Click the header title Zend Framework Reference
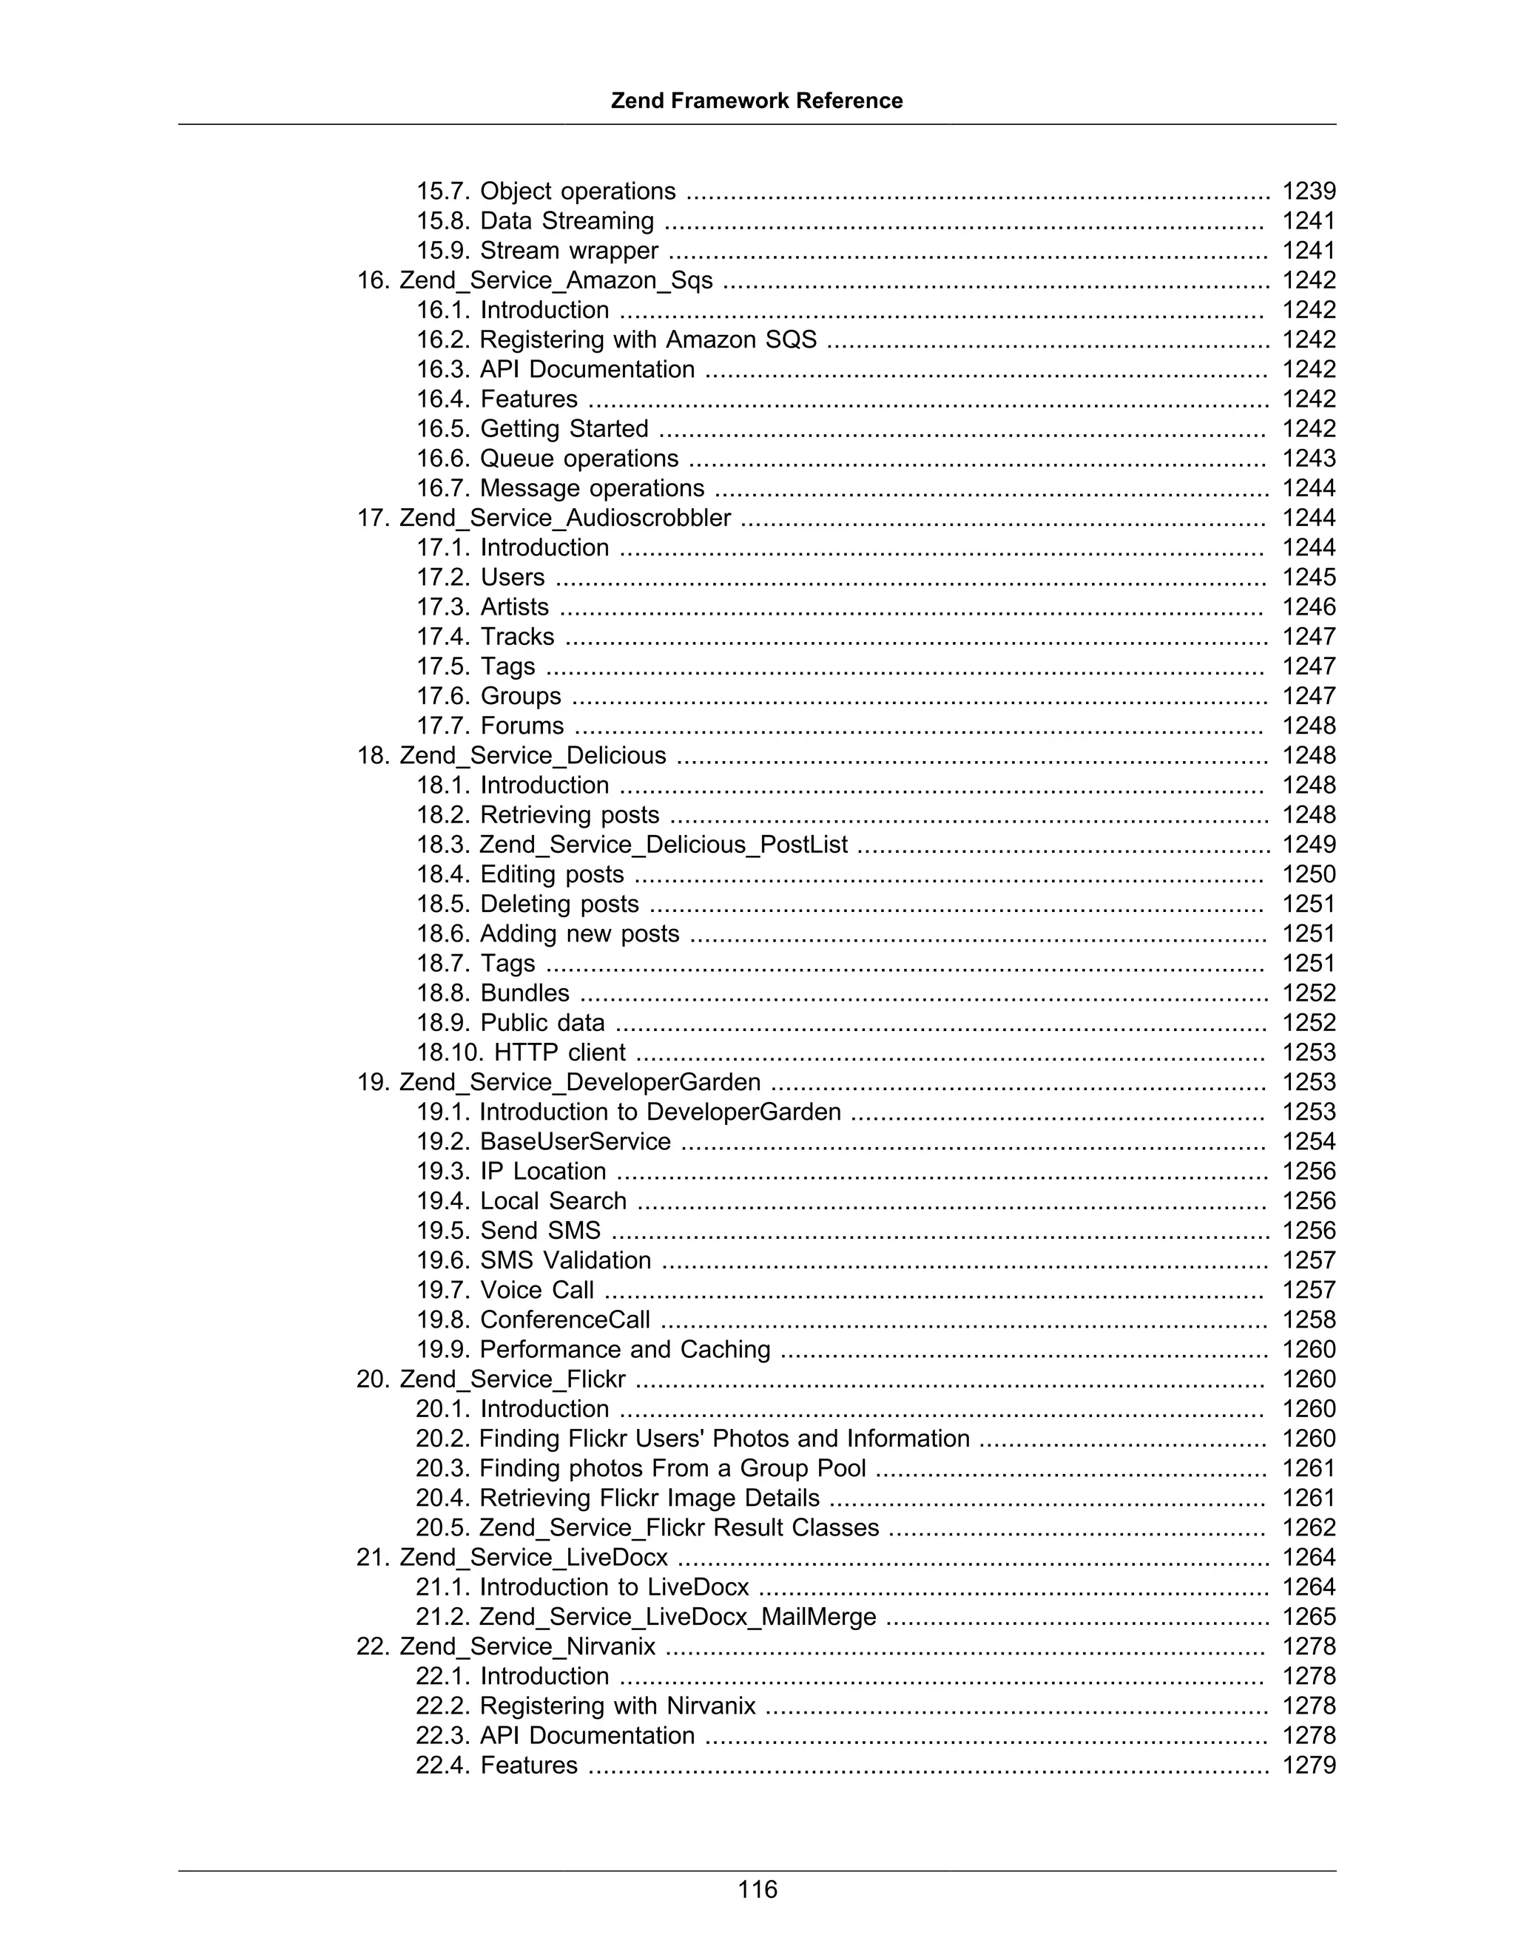coord(757,101)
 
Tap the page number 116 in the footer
coord(757,1889)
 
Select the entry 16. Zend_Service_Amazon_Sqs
coord(535,280)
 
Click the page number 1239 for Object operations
coord(1308,191)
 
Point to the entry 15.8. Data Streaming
coord(535,220)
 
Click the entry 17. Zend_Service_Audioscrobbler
coord(544,518)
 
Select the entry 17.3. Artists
coord(482,606)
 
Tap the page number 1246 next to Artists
coord(1308,606)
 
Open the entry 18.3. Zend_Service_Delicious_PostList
coord(631,845)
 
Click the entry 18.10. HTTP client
coord(521,1052)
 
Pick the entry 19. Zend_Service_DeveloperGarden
coord(559,1081)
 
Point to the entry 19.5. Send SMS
coord(508,1231)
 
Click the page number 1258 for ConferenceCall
coord(1308,1319)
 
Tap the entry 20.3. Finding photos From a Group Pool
coord(640,1468)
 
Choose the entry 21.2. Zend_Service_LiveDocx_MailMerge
coord(645,1616)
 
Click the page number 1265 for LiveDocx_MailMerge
coord(1308,1616)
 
